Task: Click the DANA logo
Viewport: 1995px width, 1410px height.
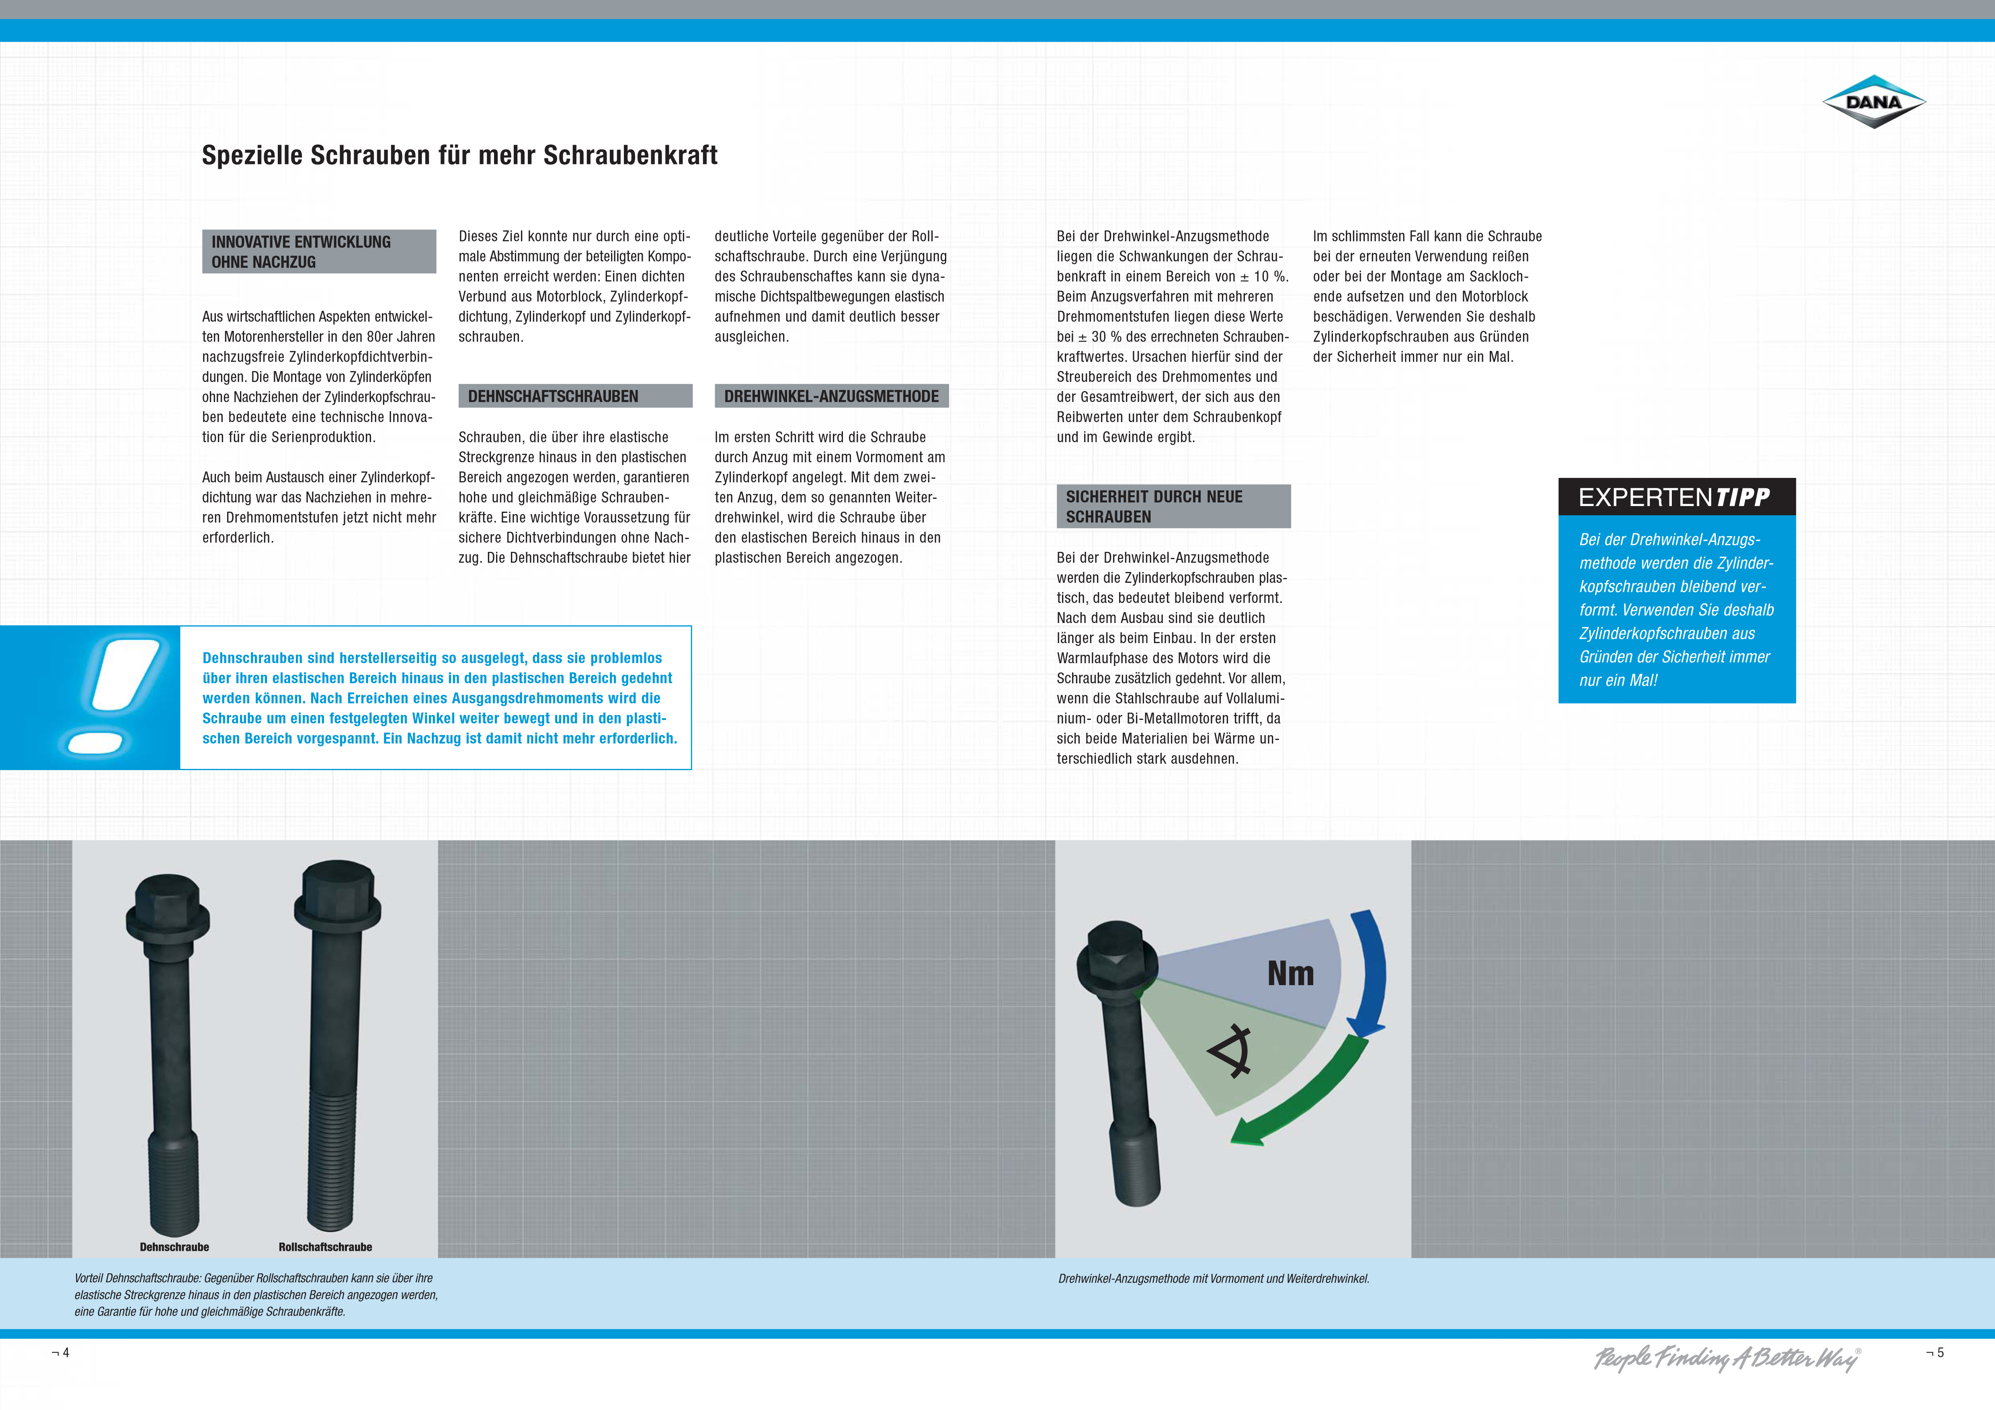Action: click(x=1873, y=102)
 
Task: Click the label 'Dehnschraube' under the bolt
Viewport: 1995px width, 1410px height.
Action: click(x=174, y=1247)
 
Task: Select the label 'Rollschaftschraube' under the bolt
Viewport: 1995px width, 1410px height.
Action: click(x=325, y=1247)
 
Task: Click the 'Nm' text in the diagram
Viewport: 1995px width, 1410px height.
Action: click(x=1290, y=974)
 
